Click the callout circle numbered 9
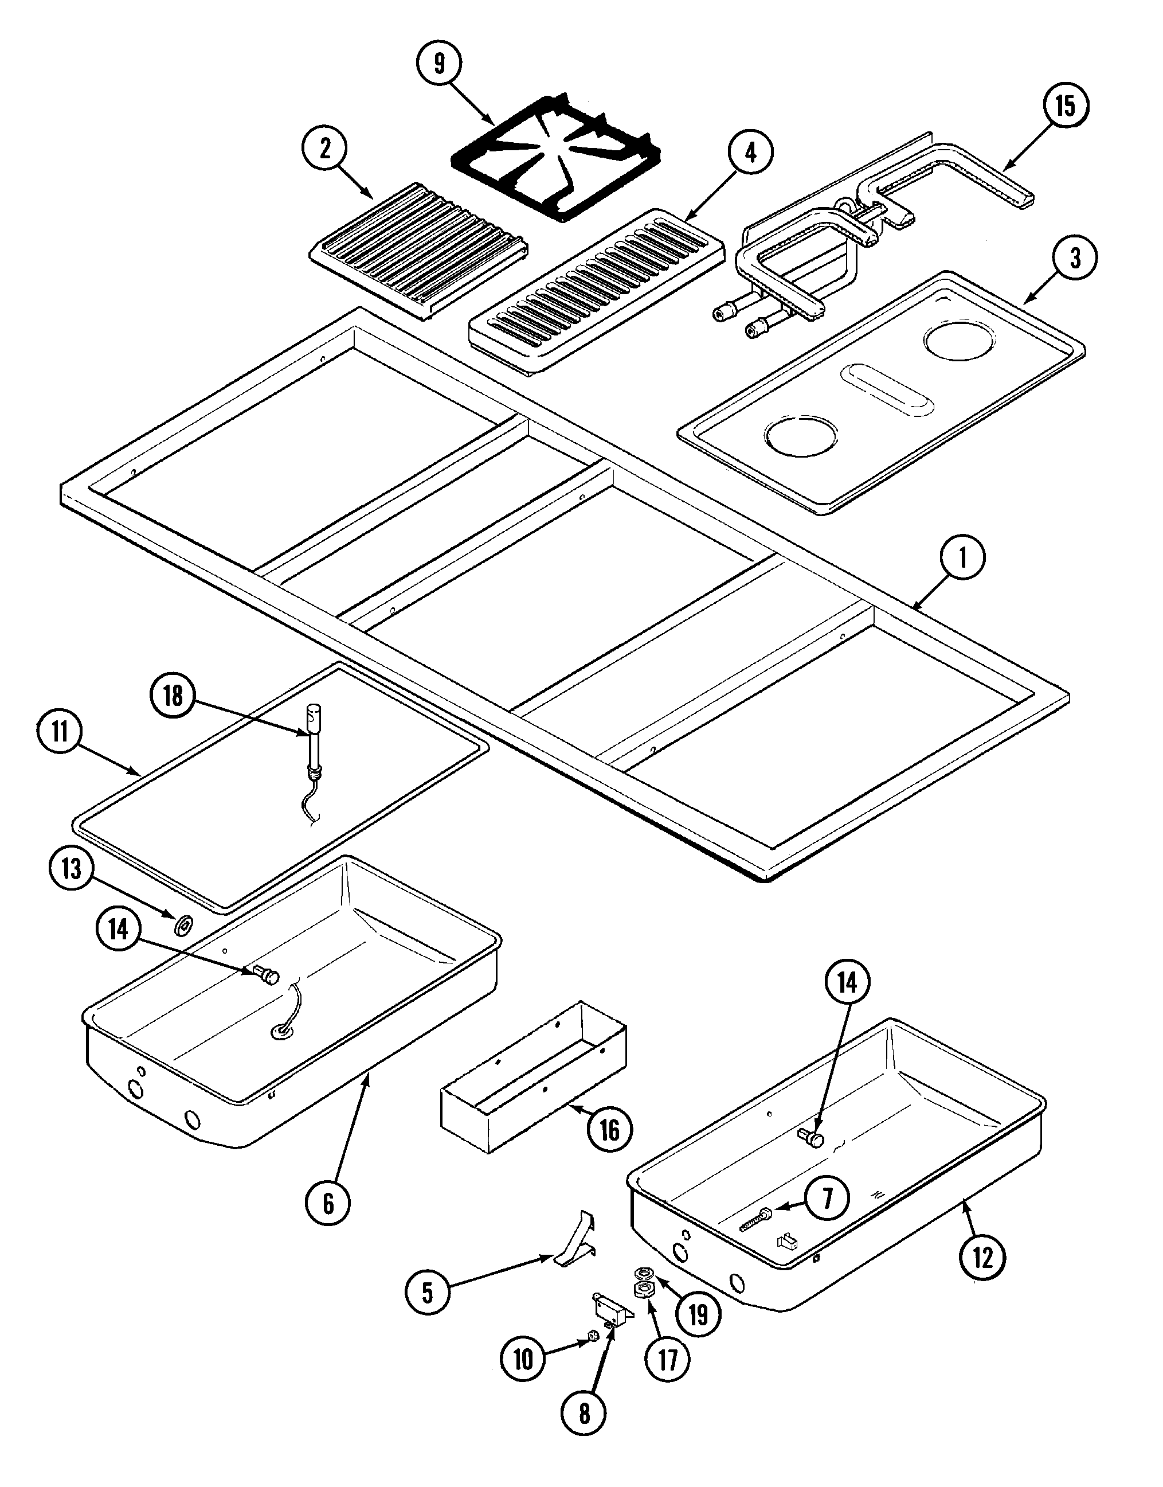(x=439, y=63)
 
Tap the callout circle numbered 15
(x=1066, y=106)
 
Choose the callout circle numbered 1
(x=962, y=559)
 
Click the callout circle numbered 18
(x=173, y=696)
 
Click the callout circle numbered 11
(x=60, y=733)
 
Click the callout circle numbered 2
(x=325, y=149)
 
